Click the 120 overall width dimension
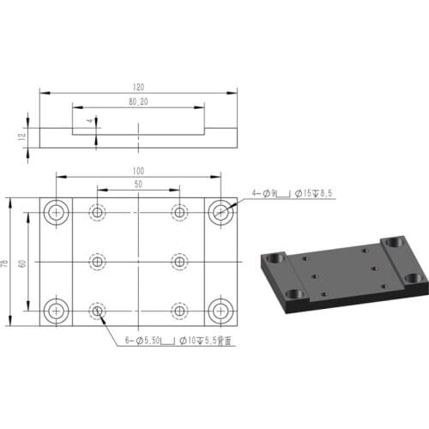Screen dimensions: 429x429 [139, 87]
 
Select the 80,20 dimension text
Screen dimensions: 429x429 [138, 102]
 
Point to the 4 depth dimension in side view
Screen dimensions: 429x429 [90, 123]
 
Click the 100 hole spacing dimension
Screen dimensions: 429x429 [138, 170]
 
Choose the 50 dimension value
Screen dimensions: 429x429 [138, 184]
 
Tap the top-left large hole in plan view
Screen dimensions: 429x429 [57, 211]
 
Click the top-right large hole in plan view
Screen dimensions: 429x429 [221, 211]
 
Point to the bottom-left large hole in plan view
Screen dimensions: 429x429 [57, 310]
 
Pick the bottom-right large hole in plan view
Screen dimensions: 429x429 [221, 310]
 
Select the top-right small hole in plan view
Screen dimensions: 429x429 [179, 211]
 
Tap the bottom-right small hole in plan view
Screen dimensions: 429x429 [179, 310]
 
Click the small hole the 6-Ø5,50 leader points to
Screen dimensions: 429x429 [98, 310]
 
